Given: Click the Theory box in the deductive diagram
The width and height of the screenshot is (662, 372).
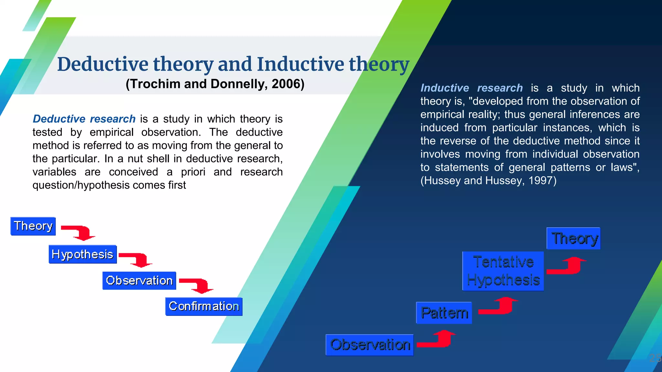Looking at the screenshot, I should (x=33, y=226).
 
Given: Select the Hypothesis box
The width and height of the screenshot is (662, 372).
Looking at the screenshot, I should (x=82, y=254).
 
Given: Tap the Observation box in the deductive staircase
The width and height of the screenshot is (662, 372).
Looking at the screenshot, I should (x=139, y=281).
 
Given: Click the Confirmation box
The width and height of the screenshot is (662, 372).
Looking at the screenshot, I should (x=204, y=306).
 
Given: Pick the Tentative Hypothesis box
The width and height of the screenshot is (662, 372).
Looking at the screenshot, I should (x=503, y=271).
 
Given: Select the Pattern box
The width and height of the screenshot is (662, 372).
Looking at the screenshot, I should (x=444, y=313).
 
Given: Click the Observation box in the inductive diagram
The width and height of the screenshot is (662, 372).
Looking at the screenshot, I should (x=370, y=345).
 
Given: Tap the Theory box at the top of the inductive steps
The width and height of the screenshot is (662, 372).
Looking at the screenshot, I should (x=573, y=238).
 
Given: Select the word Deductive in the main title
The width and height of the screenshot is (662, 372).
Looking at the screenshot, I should (x=103, y=64).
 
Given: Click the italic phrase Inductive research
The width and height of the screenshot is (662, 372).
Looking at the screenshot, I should (x=471, y=88).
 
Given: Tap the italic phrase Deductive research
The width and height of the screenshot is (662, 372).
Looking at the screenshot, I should (x=84, y=119).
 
